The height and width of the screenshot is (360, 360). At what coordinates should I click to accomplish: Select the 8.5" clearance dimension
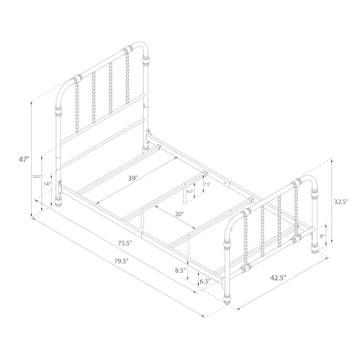point(179,270)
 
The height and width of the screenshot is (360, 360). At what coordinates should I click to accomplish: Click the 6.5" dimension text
point(204,282)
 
